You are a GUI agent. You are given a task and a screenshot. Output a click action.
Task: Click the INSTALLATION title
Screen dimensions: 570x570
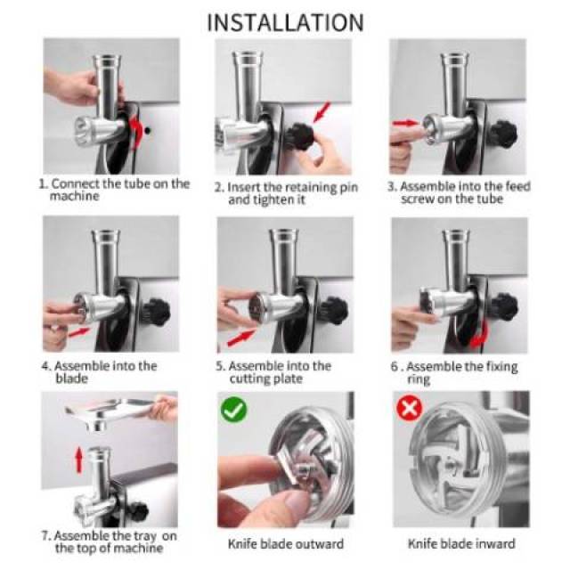coord(285,22)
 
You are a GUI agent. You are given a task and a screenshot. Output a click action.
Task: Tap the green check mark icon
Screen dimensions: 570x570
coord(233,410)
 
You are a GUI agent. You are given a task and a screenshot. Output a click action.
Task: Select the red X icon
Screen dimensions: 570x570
coord(410,408)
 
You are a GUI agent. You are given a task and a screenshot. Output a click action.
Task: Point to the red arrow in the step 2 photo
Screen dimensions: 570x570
coord(322,111)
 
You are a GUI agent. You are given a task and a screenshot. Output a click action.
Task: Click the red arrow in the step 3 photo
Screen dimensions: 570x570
coord(405,123)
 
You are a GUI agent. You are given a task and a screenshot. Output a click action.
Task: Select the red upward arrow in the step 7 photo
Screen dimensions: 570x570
coord(78,460)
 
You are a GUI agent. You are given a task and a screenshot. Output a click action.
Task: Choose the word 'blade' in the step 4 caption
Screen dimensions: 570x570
coord(71,379)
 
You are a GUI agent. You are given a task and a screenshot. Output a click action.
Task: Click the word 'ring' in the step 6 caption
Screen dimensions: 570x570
coord(419,380)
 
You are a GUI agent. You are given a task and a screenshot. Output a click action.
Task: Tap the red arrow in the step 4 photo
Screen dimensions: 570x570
coord(79,332)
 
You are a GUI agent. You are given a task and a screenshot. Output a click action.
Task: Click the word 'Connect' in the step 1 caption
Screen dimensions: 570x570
coord(76,184)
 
